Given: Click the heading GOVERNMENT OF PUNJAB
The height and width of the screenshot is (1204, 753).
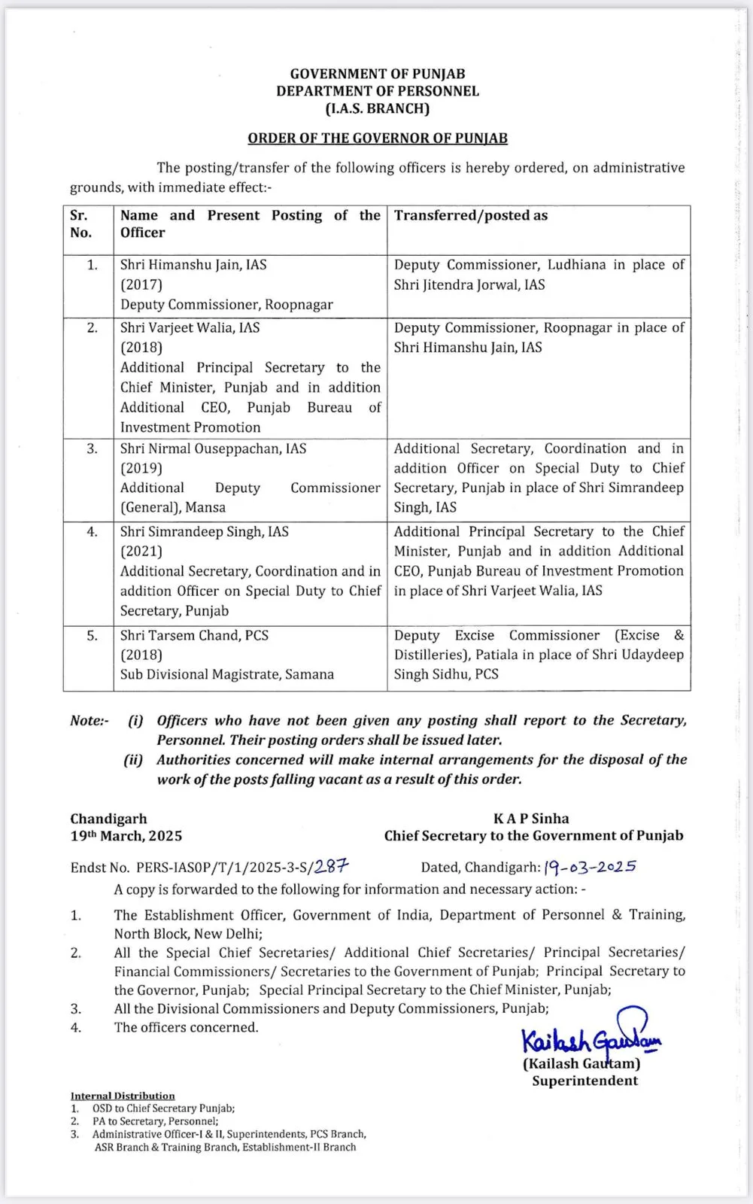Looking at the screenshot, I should tap(378, 74).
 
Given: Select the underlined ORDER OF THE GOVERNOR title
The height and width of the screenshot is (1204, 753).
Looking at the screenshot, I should tap(378, 138).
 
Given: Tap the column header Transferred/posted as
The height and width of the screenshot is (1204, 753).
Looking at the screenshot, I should tap(471, 216).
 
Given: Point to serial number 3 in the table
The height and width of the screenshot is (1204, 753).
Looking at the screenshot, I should tap(92, 448).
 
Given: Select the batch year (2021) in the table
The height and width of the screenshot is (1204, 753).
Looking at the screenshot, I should tap(141, 552).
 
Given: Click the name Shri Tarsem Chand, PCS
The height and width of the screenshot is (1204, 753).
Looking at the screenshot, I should tap(194, 635).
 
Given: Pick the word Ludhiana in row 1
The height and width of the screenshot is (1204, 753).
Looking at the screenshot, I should tap(577, 265).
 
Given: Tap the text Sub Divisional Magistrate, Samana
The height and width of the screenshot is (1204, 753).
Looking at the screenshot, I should tap(226, 674).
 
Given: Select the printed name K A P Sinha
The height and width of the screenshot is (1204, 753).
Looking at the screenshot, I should tap(531, 819).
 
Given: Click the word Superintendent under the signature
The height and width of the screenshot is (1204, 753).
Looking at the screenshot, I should tap(584, 1081).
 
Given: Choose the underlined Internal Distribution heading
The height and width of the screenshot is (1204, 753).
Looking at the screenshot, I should tap(123, 1096).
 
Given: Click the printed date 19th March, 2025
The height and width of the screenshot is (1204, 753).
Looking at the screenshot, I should tap(126, 836).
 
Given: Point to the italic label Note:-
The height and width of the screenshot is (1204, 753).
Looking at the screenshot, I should tap(89, 721).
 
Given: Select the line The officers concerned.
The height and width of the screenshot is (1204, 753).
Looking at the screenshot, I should tap(186, 1027).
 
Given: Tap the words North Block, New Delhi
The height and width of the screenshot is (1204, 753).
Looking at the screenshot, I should tap(188, 934).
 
